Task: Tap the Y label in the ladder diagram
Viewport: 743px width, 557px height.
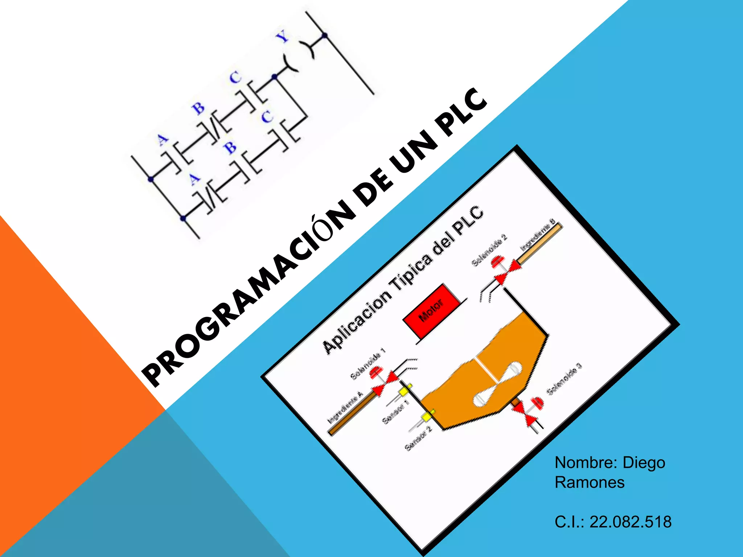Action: [x=283, y=37]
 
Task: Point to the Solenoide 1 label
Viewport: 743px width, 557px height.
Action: [x=368, y=364]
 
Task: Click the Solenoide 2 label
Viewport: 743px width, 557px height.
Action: [x=489, y=250]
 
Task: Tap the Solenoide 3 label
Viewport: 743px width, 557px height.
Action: [x=565, y=379]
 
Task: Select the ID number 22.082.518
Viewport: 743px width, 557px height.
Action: [x=631, y=522]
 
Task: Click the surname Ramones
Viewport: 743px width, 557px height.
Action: [x=590, y=482]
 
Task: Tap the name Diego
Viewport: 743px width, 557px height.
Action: [x=644, y=463]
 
